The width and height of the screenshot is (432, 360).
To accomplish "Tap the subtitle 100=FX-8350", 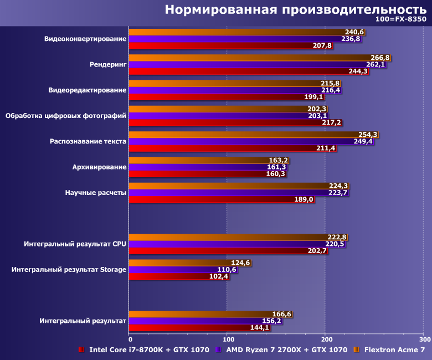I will coord(402,20).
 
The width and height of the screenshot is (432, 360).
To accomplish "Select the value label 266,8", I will coord(379,58).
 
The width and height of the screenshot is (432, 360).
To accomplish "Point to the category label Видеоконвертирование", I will coord(85,39).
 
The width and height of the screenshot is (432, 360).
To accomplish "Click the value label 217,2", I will coord(331,122).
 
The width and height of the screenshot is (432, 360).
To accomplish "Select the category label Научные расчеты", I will coord(95,192).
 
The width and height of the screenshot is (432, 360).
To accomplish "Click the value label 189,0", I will coord(304,199).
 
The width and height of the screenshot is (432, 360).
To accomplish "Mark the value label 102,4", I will coord(219,276).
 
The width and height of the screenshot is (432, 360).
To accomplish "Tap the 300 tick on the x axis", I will coord(424,339).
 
